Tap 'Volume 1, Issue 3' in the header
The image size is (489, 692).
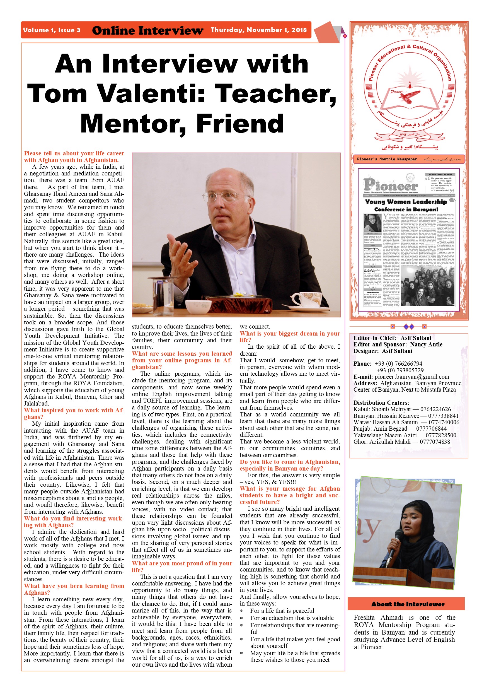(52, 30)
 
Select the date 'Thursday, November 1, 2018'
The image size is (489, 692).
(258, 30)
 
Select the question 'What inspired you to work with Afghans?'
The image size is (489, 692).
(74, 414)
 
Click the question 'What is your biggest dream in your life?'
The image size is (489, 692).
(290, 337)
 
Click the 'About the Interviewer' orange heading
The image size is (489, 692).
(408, 604)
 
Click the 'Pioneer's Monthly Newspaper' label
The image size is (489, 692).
(387, 159)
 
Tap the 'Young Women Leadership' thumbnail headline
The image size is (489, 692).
(406, 202)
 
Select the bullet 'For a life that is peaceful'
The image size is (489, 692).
(282, 611)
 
